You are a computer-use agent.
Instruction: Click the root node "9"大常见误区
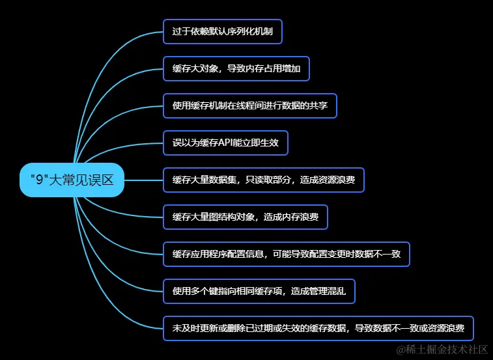click(72, 180)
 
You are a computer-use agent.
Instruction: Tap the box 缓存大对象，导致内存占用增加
click(236, 68)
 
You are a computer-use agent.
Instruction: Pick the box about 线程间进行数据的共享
click(250, 105)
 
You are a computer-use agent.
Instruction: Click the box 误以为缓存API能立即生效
click(225, 143)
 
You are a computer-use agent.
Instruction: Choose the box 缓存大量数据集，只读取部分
click(264, 180)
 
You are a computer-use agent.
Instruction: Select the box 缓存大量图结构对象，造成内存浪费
click(246, 217)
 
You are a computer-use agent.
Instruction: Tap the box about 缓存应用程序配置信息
click(287, 254)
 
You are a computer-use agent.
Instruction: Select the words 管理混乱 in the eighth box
click(337, 291)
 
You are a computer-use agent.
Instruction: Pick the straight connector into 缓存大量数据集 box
click(143, 180)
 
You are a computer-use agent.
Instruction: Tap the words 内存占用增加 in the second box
click(273, 68)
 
